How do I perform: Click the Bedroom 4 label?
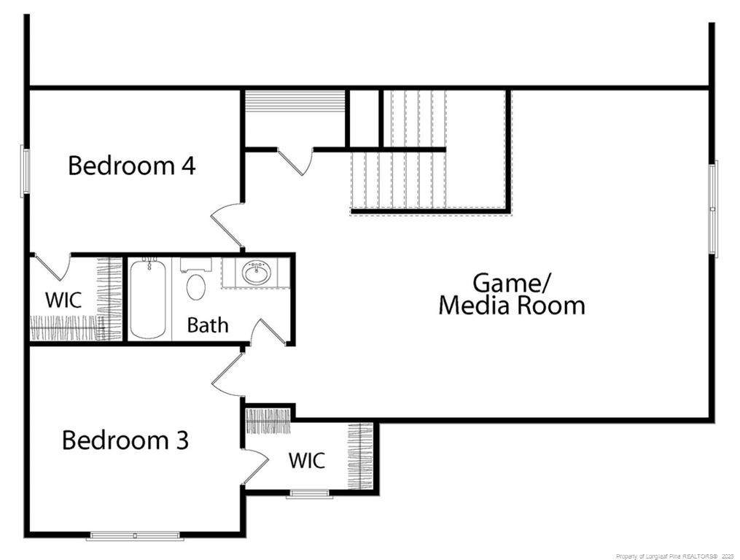coord(132,166)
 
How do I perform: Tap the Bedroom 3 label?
coord(125,440)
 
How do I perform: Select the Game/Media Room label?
coord(512,294)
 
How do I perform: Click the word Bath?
coord(208,325)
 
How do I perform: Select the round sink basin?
coord(256,273)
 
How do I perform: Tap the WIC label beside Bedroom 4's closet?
coord(63,300)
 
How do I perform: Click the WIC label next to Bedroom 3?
coord(307,460)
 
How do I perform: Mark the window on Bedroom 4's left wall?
coord(25,171)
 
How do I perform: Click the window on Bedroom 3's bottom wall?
coord(135,535)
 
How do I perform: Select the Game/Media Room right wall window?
coord(714,209)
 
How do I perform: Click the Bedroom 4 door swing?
coord(225,226)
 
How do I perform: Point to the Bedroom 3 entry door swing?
coord(227,374)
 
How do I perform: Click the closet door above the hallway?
coord(295,161)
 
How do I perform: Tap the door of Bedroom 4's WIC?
coord(52,267)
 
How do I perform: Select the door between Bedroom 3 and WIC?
coord(255,465)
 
